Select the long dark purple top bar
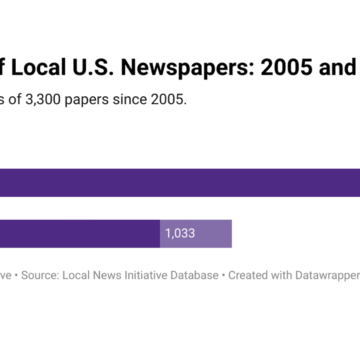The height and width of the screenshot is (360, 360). pos(180,182)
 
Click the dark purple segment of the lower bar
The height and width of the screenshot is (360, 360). pos(80,233)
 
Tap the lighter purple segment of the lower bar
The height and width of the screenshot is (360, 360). pos(215,233)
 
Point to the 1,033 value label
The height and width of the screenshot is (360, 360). pos(180,233)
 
